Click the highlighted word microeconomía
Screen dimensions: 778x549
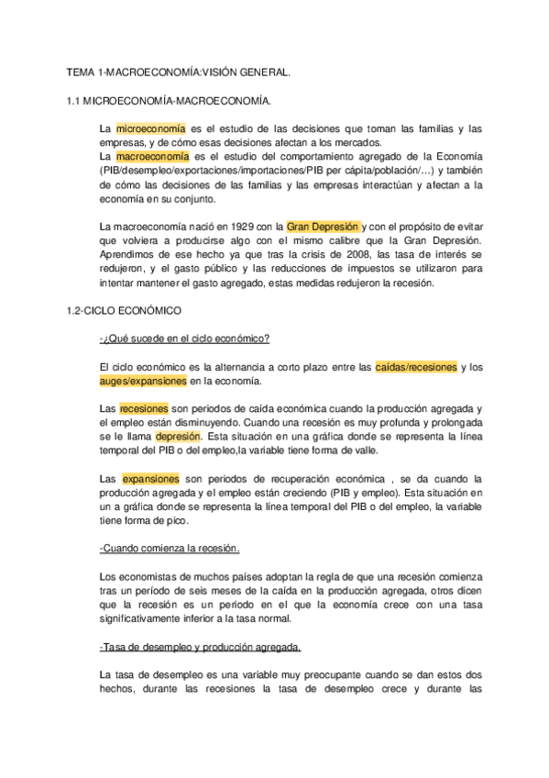click(150, 129)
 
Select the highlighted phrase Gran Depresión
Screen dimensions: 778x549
click(324, 225)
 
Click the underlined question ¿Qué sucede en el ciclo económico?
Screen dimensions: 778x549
click(183, 339)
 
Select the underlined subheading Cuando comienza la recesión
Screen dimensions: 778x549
click(170, 549)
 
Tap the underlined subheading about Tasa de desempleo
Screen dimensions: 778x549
click(200, 647)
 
